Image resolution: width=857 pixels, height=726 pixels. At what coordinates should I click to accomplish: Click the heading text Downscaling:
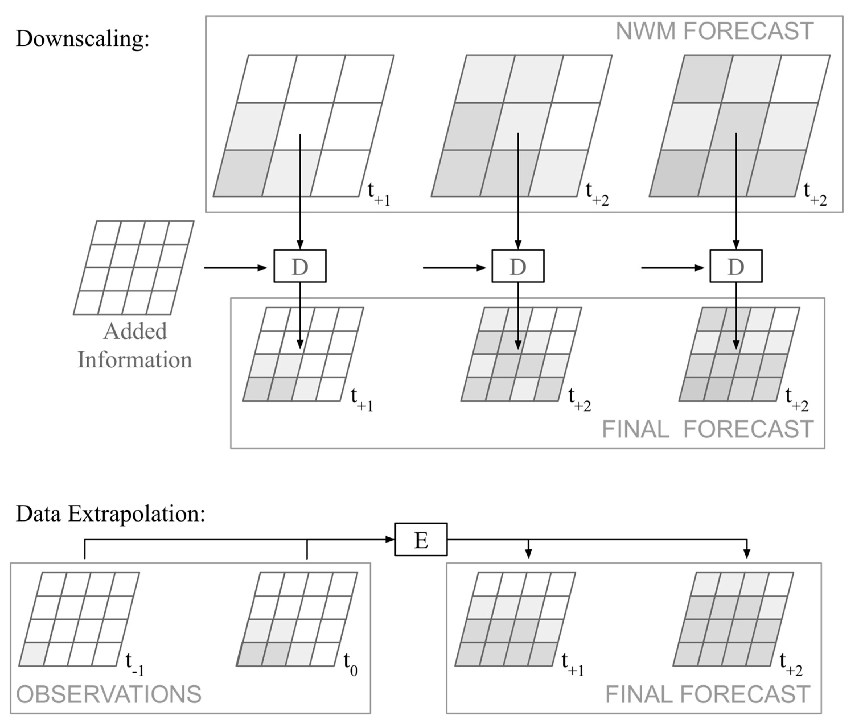[82, 39]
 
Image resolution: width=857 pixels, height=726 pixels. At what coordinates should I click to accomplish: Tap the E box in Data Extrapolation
[421, 539]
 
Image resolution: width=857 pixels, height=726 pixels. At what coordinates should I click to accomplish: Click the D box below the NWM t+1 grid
[300, 266]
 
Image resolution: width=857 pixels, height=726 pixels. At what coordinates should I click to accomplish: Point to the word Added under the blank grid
[135, 331]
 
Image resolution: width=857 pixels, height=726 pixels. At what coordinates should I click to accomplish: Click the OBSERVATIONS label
[109, 694]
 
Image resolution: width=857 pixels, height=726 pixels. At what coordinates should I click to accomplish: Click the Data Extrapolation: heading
[110, 514]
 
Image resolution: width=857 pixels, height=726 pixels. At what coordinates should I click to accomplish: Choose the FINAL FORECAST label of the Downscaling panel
[708, 430]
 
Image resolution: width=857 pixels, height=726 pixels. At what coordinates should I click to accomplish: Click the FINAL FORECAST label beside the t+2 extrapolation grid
[708, 694]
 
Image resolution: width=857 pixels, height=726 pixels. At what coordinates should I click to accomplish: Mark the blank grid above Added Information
[133, 268]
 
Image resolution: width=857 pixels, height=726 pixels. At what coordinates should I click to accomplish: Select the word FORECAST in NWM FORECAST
[748, 31]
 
